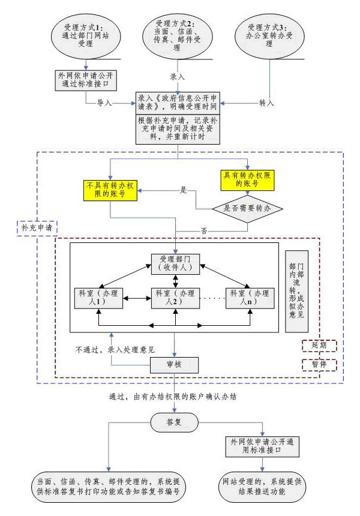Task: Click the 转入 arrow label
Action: (x=266, y=103)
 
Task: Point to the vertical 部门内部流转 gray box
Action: (x=296, y=292)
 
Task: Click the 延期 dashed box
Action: (x=319, y=346)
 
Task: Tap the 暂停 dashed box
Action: (x=319, y=364)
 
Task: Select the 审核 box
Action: (x=174, y=364)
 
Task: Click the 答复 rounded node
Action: (x=174, y=422)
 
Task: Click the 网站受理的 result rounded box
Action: (x=261, y=486)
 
